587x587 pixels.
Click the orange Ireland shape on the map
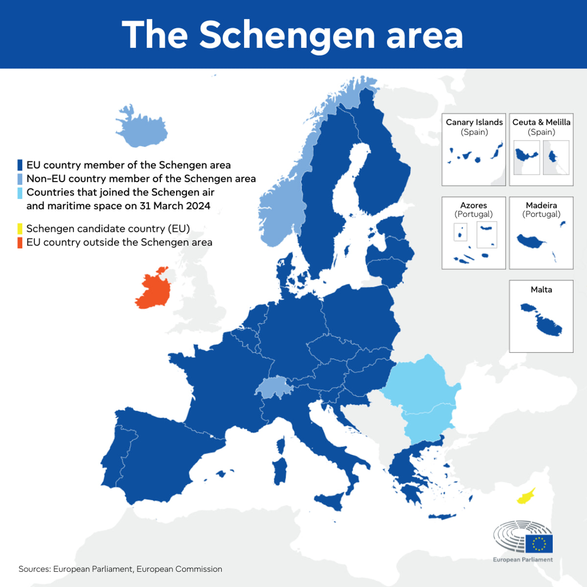tap(152, 291)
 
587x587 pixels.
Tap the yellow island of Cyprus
tap(525, 497)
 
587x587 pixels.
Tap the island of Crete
tap(442, 517)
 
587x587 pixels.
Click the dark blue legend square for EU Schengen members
tap(20, 165)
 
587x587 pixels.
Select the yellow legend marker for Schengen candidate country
tap(20, 228)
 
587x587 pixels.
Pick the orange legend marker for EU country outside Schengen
tap(20, 243)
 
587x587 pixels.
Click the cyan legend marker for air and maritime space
tap(20, 193)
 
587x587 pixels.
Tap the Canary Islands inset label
tap(474, 122)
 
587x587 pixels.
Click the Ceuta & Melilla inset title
tap(541, 122)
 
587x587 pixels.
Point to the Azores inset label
tap(474, 205)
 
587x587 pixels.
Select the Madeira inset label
tap(541, 205)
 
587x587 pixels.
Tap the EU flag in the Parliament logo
tap(540, 543)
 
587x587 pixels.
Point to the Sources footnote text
tap(120, 569)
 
